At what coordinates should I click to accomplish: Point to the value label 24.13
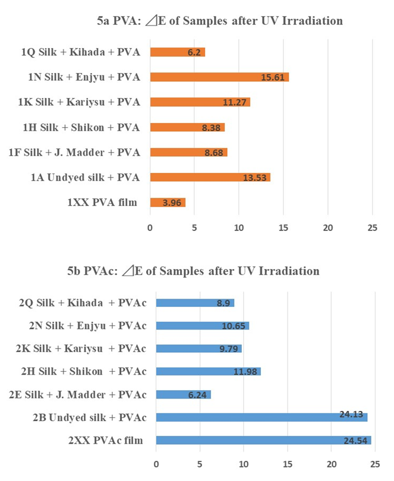point(351,417)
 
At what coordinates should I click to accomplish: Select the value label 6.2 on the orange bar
point(194,52)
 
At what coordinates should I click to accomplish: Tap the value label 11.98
point(244,372)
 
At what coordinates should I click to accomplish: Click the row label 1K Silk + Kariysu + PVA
point(79,102)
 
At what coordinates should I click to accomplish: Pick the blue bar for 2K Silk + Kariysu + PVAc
point(198,349)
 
